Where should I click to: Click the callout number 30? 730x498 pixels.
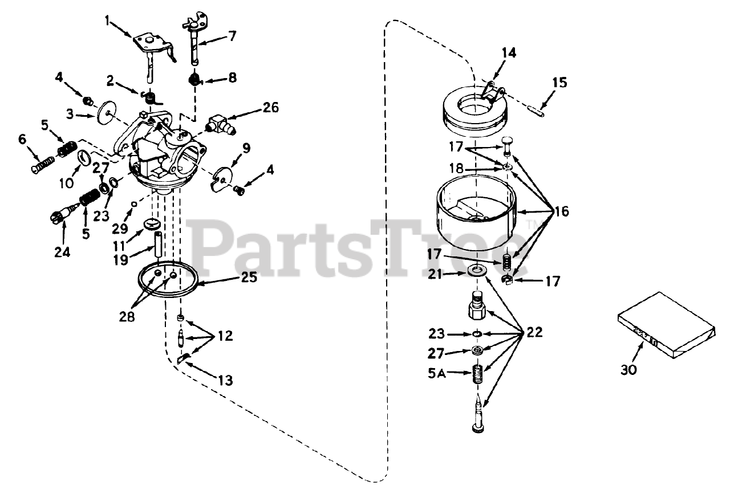629,369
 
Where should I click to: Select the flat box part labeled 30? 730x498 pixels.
666,326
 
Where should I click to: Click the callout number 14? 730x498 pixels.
509,53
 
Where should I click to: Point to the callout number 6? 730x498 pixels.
22,138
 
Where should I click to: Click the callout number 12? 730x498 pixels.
225,336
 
